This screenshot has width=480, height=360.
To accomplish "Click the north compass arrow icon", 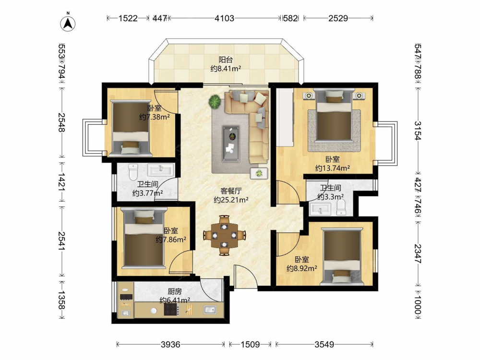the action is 69,22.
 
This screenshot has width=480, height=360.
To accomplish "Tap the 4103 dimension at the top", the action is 224,18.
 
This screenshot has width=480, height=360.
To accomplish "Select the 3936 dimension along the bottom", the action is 170,345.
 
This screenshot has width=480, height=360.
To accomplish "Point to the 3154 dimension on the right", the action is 418,131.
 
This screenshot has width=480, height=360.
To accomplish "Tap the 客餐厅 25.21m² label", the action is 231,196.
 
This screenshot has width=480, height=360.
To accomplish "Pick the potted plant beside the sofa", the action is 216,101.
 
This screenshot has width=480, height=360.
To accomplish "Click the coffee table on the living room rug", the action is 231,143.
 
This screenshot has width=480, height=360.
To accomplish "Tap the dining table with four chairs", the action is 225,235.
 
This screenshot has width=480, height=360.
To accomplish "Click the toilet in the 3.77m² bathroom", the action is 133,172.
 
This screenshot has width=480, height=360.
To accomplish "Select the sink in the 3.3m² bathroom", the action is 320,209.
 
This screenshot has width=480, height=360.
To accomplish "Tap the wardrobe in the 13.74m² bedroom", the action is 285,117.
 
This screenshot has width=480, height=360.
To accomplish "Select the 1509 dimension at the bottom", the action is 250,345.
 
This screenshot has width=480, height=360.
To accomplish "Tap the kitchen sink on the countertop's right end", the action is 210,310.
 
